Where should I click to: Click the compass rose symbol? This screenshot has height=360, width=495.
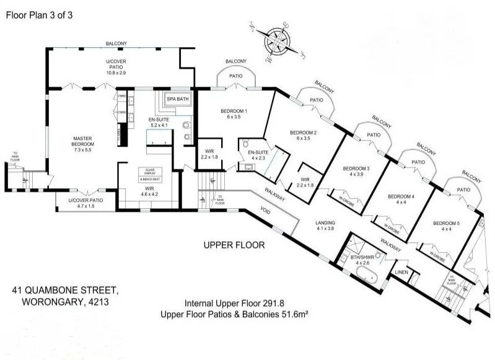[x=276, y=42]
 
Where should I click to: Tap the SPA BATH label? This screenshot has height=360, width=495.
[x=178, y=99]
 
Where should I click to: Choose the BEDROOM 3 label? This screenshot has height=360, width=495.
[x=356, y=172]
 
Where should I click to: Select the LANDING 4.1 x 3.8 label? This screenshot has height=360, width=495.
[x=325, y=226]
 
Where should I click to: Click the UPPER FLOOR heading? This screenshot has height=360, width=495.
[x=234, y=245]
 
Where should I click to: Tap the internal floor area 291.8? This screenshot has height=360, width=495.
[x=271, y=304]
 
